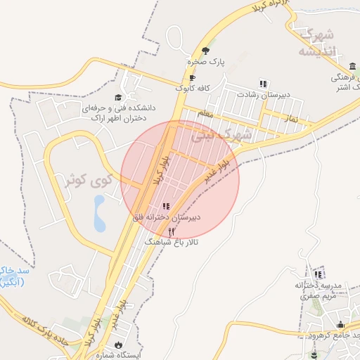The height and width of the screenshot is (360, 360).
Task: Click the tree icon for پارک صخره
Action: pyautogui.click(x=205, y=51)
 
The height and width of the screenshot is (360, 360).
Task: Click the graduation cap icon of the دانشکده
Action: pyautogui.click(x=118, y=97)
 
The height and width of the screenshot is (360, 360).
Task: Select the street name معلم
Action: pyautogui.click(x=205, y=112)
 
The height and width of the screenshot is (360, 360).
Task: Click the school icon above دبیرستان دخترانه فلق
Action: pyautogui.click(x=166, y=206)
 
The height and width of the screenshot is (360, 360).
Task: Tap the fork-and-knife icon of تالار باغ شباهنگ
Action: pyautogui.click(x=172, y=230)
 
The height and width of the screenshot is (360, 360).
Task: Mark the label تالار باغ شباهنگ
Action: pyautogui.click(x=172, y=241)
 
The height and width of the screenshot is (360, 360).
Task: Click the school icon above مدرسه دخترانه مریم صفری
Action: pyautogui.click(x=319, y=274)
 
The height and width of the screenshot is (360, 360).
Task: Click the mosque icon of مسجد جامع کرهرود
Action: pyautogui.click(x=341, y=325)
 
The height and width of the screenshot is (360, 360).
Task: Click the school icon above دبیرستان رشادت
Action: pyautogui.click(x=263, y=83)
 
